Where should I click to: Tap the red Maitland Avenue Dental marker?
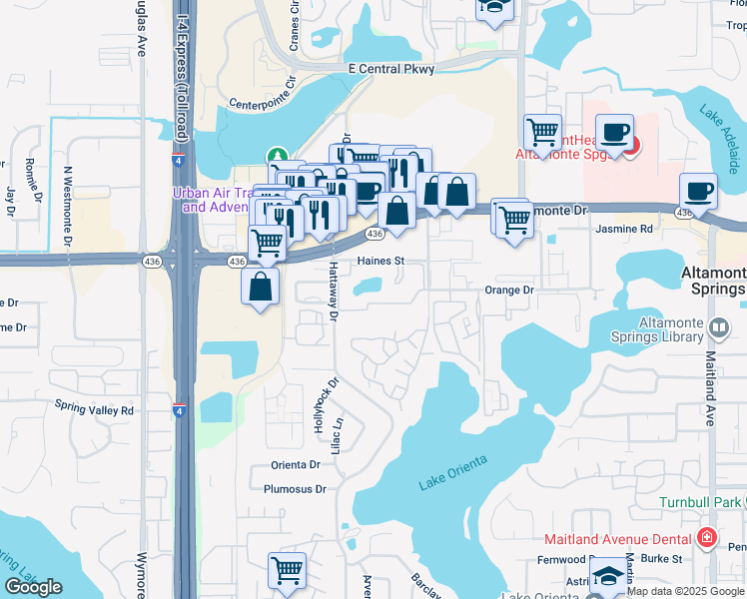pyautogui.click(x=708, y=538)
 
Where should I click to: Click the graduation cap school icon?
pyautogui.click(x=607, y=577)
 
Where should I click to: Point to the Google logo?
pyautogui.click(x=33, y=587)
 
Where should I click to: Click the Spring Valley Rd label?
pyautogui.click(x=94, y=410)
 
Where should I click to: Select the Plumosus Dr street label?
pyautogui.click(x=295, y=489)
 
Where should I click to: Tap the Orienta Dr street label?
pyautogui.click(x=295, y=465)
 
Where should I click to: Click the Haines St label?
pyautogui.click(x=380, y=262)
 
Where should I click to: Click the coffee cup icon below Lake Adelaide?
pyautogui.click(x=698, y=191)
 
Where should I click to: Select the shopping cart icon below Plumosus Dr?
pyautogui.click(x=287, y=570)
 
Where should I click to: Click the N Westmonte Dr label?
pyautogui.click(x=69, y=207)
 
